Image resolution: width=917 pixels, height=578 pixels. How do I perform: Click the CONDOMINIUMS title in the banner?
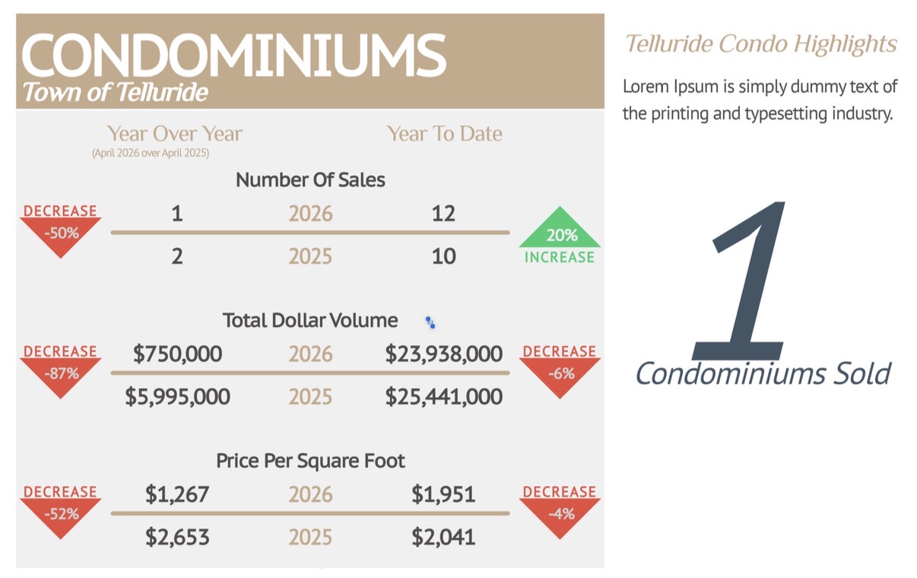(x=233, y=55)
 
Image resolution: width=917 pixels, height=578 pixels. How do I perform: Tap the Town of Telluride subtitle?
(x=115, y=92)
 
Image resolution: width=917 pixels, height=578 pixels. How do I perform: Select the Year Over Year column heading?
(x=174, y=133)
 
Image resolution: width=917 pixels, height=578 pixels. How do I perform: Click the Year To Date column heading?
(x=444, y=133)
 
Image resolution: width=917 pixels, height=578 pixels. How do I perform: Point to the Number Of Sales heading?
(x=310, y=179)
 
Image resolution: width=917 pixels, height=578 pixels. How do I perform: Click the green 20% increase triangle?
(x=560, y=227)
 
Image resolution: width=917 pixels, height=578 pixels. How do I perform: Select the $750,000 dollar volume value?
(x=177, y=354)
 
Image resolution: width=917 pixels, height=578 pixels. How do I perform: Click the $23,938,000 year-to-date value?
(x=444, y=354)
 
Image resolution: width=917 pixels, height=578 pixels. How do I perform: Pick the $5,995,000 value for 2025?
(x=177, y=396)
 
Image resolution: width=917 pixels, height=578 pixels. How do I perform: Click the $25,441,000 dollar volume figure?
(x=444, y=396)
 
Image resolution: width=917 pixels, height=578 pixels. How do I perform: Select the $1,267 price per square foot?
(x=177, y=494)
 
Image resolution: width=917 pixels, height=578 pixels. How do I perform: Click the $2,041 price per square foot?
(x=443, y=537)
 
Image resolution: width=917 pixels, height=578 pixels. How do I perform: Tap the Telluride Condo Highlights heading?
(x=761, y=43)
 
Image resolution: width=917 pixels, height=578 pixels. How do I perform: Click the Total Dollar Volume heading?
(x=310, y=320)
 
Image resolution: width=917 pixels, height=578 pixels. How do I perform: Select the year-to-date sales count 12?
(x=443, y=213)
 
